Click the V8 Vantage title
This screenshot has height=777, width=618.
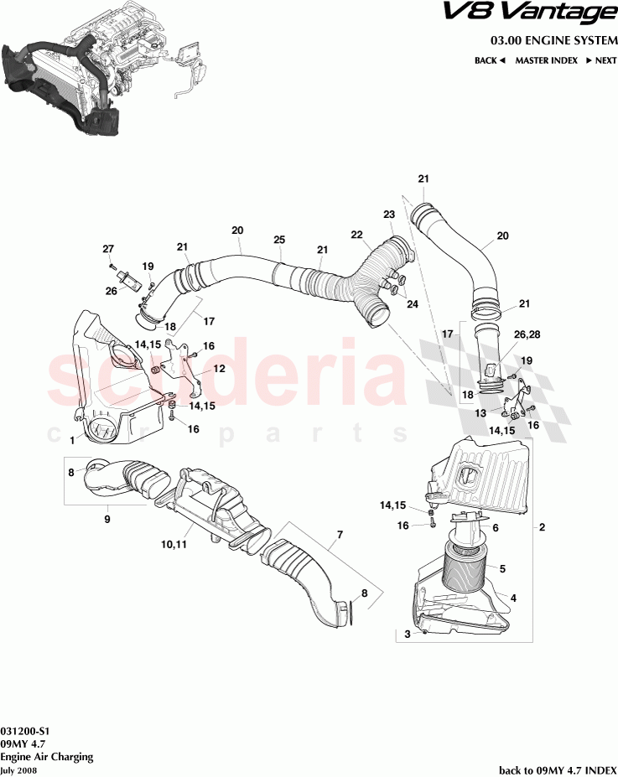[539, 13]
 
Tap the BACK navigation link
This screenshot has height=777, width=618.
[490, 60]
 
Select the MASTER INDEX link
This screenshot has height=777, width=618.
[546, 60]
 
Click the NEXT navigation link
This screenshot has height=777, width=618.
[601, 60]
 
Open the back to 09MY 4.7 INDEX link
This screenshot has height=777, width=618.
[557, 769]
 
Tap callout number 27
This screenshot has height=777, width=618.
[108, 248]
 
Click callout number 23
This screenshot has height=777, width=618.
[389, 215]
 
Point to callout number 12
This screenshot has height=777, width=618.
[219, 368]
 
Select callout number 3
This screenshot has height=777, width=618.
[408, 634]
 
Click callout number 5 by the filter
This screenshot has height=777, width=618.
[503, 569]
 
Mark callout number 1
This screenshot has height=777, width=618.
[73, 438]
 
